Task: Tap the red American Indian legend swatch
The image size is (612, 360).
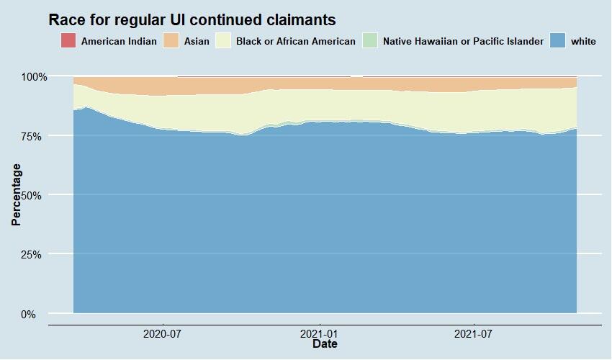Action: [68, 41]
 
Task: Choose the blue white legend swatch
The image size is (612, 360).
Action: [557, 41]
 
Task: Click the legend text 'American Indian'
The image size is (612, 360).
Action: [119, 41]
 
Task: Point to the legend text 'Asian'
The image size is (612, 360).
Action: [197, 41]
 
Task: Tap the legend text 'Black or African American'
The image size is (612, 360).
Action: [295, 41]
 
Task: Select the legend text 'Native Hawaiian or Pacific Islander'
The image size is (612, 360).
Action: [463, 41]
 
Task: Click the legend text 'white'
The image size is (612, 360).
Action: [583, 41]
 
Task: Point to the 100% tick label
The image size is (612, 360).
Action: [34, 76]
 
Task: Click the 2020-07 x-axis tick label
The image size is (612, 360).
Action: [163, 333]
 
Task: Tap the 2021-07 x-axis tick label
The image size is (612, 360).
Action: [474, 333]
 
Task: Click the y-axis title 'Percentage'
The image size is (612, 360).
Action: [17, 194]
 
